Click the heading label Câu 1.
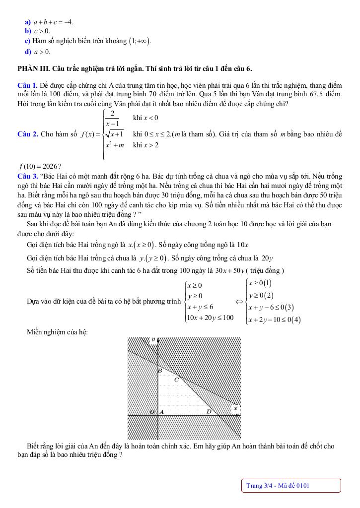click(x=26, y=86)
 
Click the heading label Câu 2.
click(x=26, y=134)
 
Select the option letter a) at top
click(x=28, y=22)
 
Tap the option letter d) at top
click(x=28, y=52)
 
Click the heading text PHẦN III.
click(x=33, y=68)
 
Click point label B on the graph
click(x=160, y=371)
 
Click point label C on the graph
click(x=176, y=380)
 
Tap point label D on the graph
click(x=209, y=411)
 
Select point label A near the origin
click(x=162, y=412)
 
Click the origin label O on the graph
click(x=152, y=412)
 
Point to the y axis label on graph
click(x=153, y=339)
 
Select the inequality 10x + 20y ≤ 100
click(x=210, y=317)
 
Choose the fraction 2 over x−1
click(x=113, y=118)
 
